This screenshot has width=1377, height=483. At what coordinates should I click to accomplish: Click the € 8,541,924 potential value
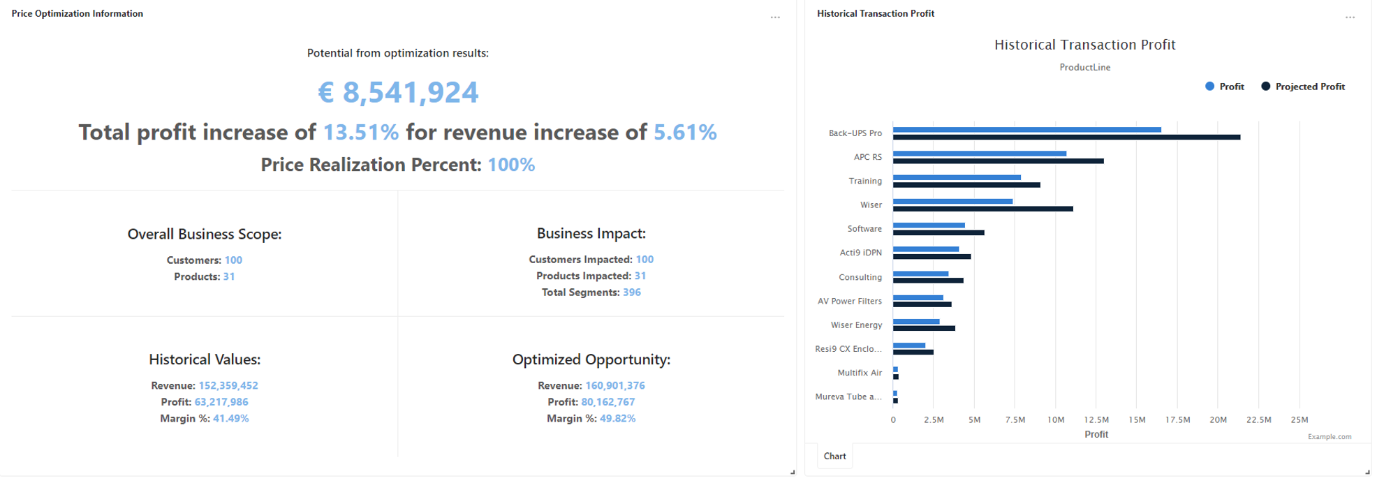click(x=398, y=92)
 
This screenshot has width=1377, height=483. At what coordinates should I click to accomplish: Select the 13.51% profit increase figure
click(x=361, y=132)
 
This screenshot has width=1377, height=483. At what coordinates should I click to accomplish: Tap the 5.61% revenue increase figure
click(x=685, y=132)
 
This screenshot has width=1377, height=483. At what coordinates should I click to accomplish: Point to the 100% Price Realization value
click(x=511, y=165)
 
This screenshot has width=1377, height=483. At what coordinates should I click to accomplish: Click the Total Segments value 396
click(x=631, y=292)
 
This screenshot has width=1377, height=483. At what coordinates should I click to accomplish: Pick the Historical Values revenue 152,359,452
click(x=228, y=385)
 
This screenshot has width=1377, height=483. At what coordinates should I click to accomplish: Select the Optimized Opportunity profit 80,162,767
click(x=608, y=402)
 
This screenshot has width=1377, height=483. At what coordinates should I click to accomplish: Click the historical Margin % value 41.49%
click(x=231, y=419)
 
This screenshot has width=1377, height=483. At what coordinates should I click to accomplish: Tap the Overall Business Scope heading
click(x=205, y=234)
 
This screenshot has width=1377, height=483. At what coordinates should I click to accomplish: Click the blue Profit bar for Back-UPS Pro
click(x=1026, y=130)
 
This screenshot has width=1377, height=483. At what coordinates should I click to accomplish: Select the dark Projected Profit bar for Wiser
click(x=982, y=209)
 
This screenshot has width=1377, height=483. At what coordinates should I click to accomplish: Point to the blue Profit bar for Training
click(x=957, y=177)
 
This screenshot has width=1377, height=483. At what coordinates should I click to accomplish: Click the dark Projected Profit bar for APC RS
click(x=998, y=161)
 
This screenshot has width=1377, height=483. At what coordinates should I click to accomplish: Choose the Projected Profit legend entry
click(x=1303, y=87)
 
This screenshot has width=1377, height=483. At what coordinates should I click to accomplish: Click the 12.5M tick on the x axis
click(x=1096, y=419)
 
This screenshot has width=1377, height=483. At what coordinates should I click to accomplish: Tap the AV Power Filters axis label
click(x=850, y=301)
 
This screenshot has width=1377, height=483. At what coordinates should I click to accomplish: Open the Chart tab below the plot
click(x=834, y=456)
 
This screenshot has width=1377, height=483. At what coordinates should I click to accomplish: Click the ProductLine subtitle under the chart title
click(x=1084, y=67)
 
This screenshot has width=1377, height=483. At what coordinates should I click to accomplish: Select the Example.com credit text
click(x=1329, y=437)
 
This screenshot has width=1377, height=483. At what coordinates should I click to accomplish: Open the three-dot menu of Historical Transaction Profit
click(x=1350, y=17)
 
